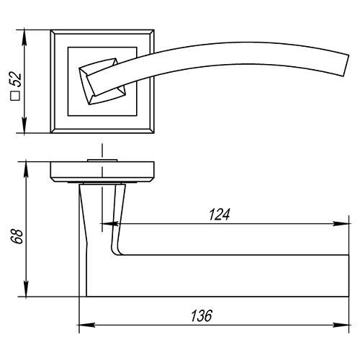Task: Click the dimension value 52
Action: tap(17, 79)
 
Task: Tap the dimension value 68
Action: tap(17, 237)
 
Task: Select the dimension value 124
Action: tap(220, 215)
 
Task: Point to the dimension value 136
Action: tap(202, 315)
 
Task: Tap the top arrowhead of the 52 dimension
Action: tap(24, 37)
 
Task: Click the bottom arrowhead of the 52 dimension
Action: tap(24, 125)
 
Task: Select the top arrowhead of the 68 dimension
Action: tap(26, 170)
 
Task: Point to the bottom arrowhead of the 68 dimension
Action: tap(26, 289)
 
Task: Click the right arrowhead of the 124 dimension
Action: tap(341, 224)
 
